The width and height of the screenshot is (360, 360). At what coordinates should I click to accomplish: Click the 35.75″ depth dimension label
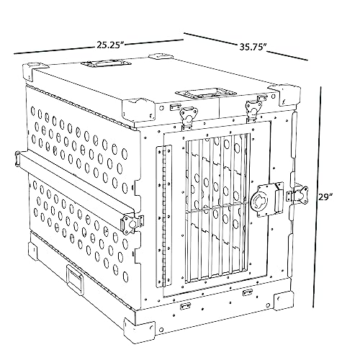click(x=253, y=47)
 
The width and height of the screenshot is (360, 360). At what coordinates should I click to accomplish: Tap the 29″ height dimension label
click(x=325, y=197)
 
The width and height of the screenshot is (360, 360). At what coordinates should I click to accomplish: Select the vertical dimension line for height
click(x=317, y=197)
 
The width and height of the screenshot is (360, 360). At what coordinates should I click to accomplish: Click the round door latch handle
click(x=258, y=199)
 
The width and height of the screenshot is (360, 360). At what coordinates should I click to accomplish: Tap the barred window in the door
click(x=217, y=207)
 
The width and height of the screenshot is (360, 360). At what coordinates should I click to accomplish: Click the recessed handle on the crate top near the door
click(x=206, y=92)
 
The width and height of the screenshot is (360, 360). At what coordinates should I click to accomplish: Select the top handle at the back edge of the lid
click(x=106, y=63)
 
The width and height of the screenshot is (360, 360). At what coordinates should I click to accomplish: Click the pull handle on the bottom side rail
click(x=75, y=279)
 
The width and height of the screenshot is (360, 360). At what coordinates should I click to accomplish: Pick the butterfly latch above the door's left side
click(x=189, y=116)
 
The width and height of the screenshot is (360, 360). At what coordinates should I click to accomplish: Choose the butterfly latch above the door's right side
click(x=253, y=108)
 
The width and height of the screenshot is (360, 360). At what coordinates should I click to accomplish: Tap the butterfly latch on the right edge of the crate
click(x=298, y=194)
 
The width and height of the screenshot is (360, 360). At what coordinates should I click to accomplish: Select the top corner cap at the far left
click(x=35, y=71)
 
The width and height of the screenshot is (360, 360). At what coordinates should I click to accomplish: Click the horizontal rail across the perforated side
click(x=75, y=185)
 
